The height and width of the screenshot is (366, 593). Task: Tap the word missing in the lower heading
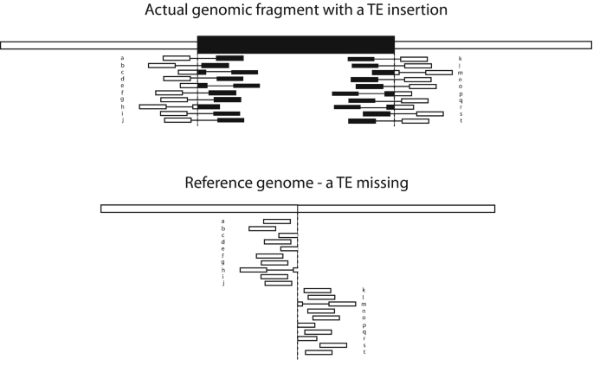click(x=381, y=183)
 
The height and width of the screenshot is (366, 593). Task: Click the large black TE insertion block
click(x=295, y=45)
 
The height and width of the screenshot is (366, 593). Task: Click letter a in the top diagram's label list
click(x=123, y=58)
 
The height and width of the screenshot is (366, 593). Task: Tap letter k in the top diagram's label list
click(x=461, y=58)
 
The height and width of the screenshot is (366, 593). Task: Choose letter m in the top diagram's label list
click(x=461, y=72)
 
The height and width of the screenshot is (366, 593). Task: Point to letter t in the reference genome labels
click(x=364, y=352)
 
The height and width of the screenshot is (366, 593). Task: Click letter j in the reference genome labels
click(x=222, y=283)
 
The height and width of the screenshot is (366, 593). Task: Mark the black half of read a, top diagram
click(x=229, y=58)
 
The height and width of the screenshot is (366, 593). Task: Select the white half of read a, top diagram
click(x=177, y=58)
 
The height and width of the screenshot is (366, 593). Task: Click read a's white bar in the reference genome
click(x=277, y=222)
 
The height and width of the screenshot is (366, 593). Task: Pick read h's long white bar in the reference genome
click(x=254, y=270)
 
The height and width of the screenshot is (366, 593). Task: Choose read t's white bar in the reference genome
click(x=319, y=352)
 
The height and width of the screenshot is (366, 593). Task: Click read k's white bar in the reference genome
click(x=317, y=291)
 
